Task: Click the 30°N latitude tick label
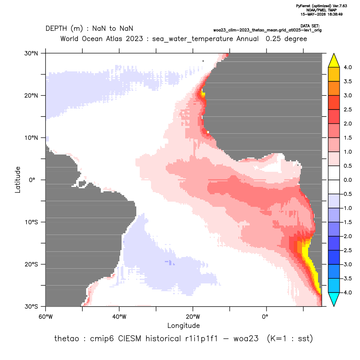pos(31,53)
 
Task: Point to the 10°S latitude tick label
pos(31,222)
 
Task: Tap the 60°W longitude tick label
pos(45,317)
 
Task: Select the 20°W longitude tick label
pos(193,317)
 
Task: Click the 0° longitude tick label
pos(265,317)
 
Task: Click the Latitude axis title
pos(18,180)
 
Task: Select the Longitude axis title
pos(183,325)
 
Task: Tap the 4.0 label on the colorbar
pos(347,67)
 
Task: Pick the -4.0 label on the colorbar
pos(347,292)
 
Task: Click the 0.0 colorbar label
pos(347,180)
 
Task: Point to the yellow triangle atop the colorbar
pos(334,61)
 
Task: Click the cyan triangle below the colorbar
pos(334,299)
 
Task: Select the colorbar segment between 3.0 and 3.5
pos(334,88)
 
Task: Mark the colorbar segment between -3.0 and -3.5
pos(334,271)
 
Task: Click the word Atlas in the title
pos(113,39)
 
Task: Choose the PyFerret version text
pos(321,6)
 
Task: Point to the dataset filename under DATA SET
pos(267,30)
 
